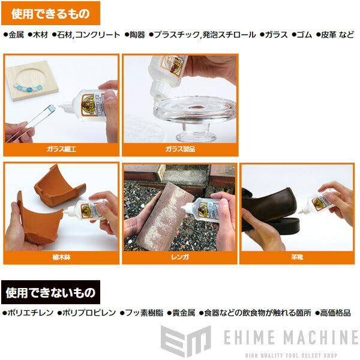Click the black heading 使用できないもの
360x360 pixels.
point(50,293)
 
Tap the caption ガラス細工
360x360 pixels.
point(61,148)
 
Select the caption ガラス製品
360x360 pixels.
point(180,148)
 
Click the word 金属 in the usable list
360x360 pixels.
point(16,35)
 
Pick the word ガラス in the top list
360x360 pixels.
point(277,35)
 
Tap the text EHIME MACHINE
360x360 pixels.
point(290,337)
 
